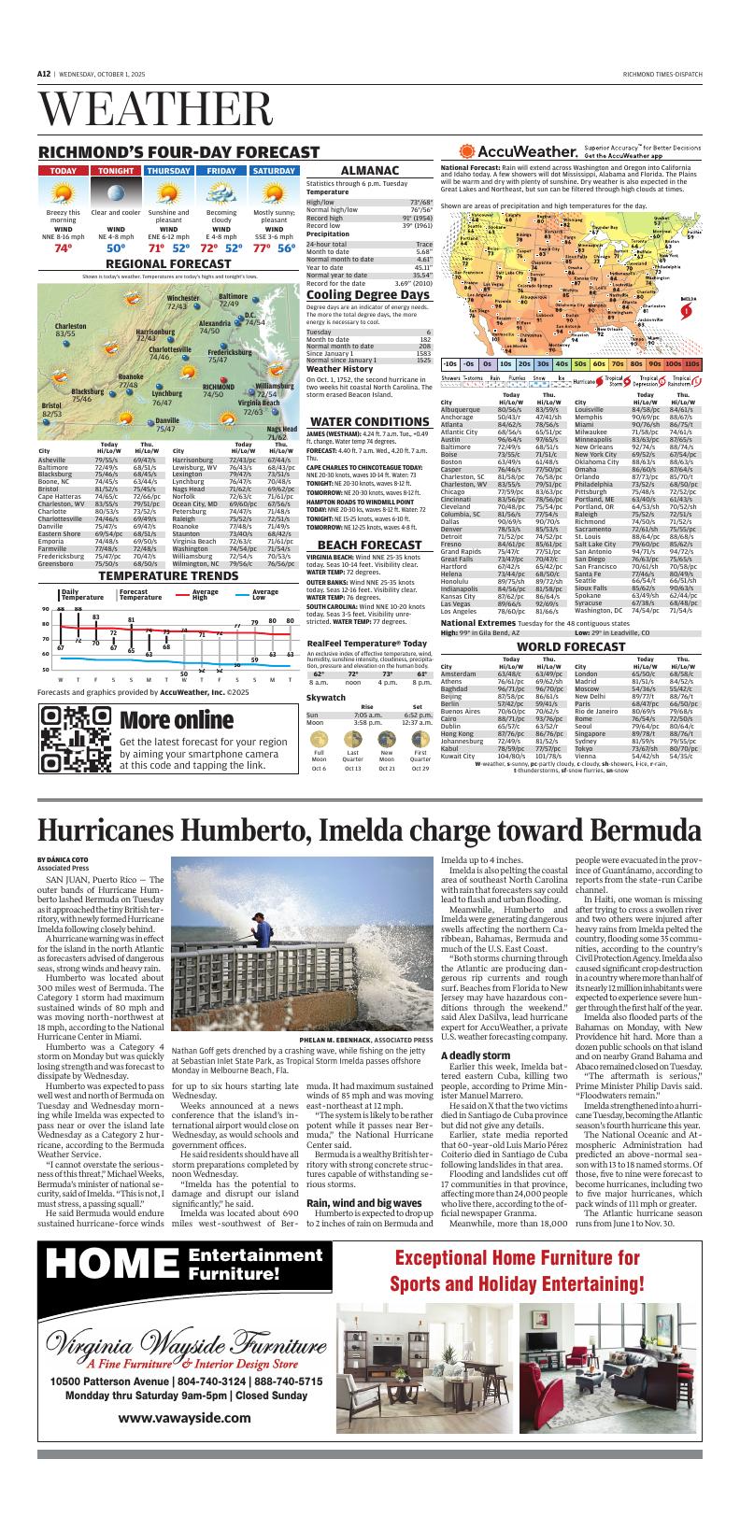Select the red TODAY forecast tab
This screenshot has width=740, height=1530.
(64, 171)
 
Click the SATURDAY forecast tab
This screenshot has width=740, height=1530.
(274, 171)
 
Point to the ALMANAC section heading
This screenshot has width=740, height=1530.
(369, 171)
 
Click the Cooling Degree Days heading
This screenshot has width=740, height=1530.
(368, 295)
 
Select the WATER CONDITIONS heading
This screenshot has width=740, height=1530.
(369, 421)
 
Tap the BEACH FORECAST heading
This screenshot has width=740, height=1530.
(369, 545)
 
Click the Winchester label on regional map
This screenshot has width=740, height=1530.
(183, 298)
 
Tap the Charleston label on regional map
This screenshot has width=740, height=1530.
(58, 326)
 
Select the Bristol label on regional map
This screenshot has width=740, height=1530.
(51, 405)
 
